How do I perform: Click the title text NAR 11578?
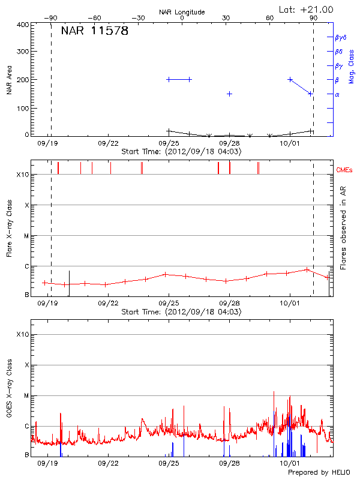94,31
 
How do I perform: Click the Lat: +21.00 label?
307,9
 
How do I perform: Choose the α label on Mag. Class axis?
337,94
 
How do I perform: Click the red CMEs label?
345,170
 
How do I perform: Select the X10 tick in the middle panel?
23,175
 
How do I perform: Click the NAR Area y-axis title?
10,80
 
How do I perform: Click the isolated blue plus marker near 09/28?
229,94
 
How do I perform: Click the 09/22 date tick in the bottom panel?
108,463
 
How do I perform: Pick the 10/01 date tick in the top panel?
290,143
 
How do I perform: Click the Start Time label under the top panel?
181,152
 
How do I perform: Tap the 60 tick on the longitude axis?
270,18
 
